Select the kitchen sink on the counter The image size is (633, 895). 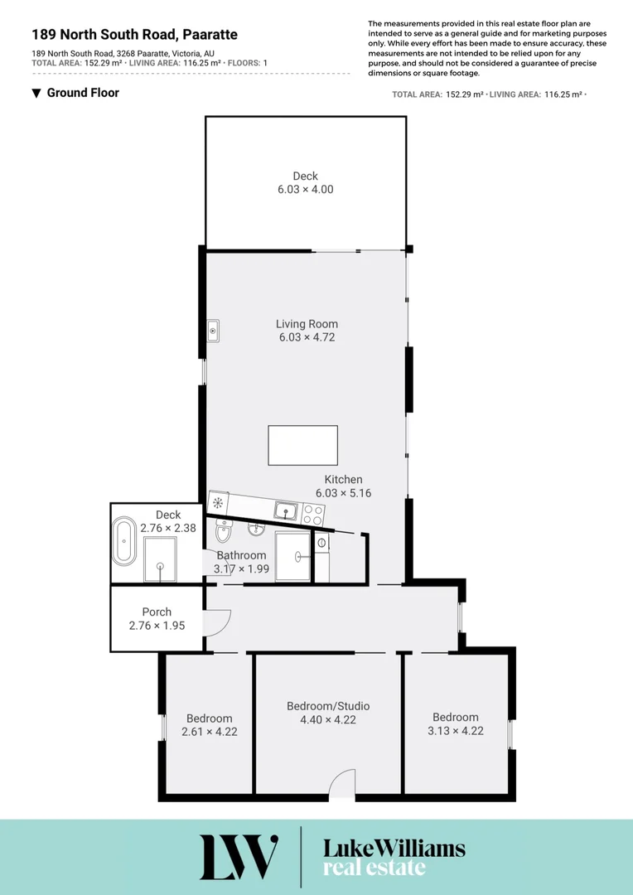pos(286,510)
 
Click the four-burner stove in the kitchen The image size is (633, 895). pos(313,514)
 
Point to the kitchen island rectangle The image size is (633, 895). pos(302,445)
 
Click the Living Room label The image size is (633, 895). pos(307,324)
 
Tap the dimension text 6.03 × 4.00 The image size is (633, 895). pos(306,189)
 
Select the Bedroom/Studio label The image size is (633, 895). pos(328,706)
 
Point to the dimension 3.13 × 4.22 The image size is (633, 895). pos(456,731)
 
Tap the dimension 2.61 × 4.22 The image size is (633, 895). pos(210,732)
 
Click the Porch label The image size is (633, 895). pos(157,612)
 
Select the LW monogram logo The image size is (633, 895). pos(238,857)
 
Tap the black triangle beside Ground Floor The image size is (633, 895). pos(36,93)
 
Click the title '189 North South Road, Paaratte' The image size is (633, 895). pos(134,35)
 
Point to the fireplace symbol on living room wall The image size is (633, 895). pos(213,331)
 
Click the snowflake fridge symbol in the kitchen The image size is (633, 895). pos(219,502)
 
